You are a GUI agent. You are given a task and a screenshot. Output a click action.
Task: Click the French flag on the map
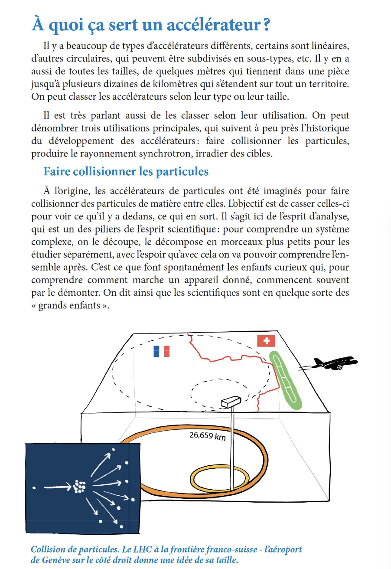(x=161, y=351)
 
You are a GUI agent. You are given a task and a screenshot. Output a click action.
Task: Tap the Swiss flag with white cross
(x=266, y=341)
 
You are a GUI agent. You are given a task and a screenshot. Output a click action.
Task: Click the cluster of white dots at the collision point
(x=79, y=486)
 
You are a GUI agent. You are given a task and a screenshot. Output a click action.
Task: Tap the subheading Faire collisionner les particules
(x=126, y=171)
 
